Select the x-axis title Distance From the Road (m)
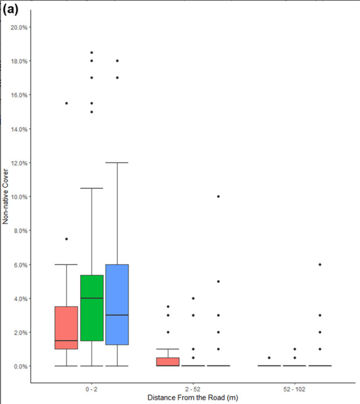(192, 397)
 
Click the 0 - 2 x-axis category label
(91, 389)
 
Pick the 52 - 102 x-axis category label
(295, 389)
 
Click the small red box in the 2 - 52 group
(168, 362)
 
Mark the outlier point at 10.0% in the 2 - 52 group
(219, 196)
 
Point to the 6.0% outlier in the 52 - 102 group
(320, 264)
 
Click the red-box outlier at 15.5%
(66, 103)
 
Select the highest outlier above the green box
(92, 52)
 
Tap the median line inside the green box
(92, 298)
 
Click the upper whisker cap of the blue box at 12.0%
(117, 163)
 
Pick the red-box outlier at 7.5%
(66, 239)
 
